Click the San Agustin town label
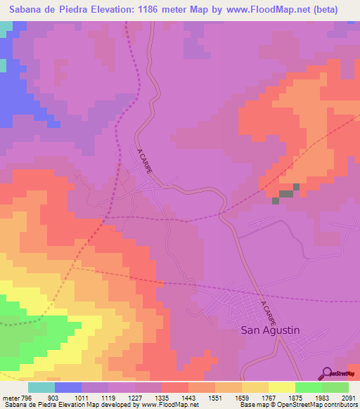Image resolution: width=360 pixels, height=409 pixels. pyautogui.click(x=270, y=329)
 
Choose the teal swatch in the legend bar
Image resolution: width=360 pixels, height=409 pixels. pyautogui.click(x=41, y=387)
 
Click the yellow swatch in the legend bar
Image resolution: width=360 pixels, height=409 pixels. pyautogui.click(x=281, y=387)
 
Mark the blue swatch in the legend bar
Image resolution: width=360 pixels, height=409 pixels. pyautogui.click(x=68, y=387)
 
